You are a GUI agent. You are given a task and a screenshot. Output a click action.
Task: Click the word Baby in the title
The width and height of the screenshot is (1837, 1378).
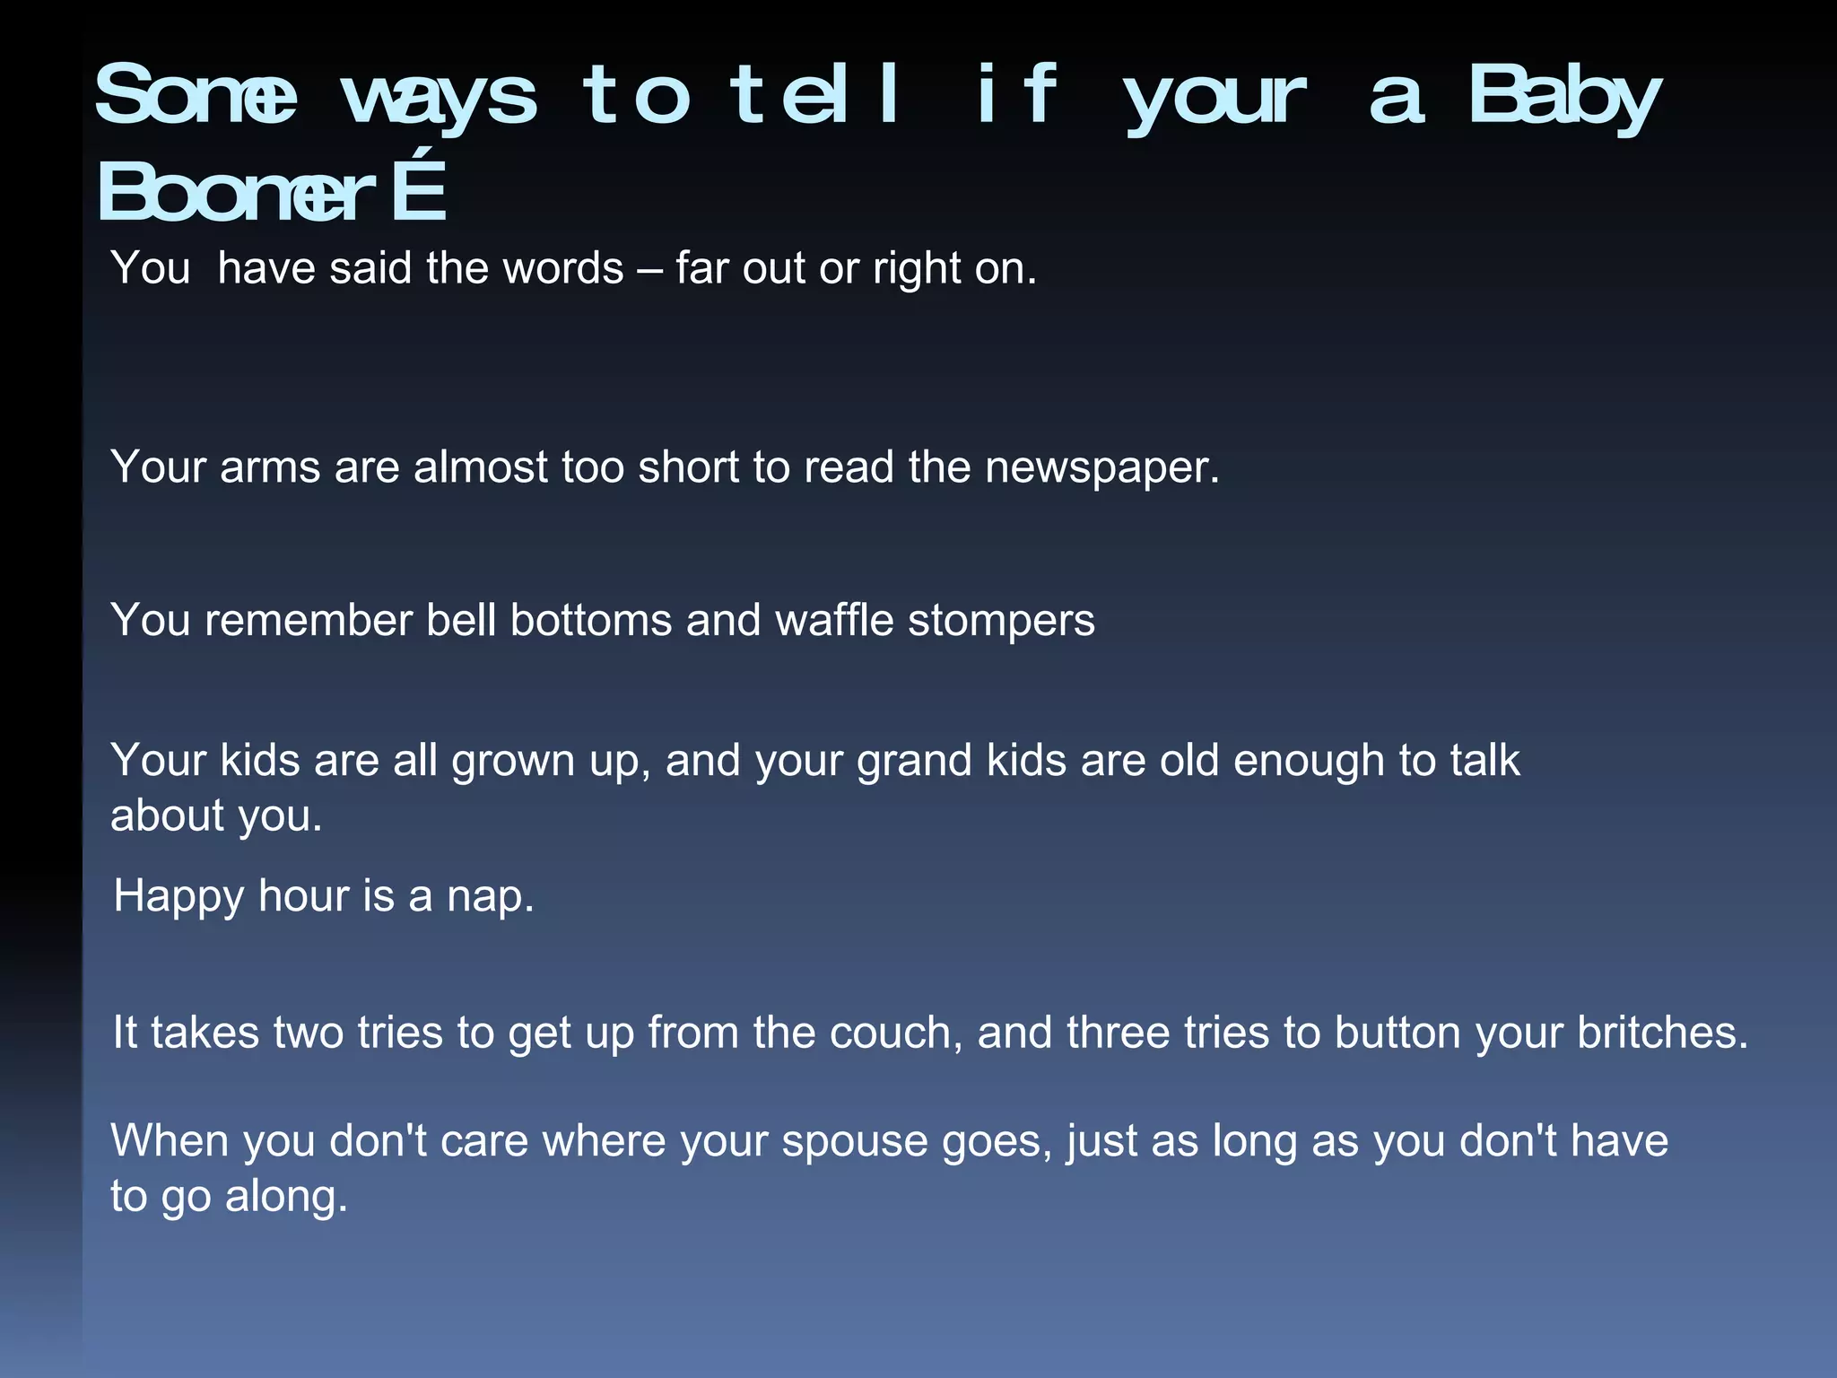point(1564,97)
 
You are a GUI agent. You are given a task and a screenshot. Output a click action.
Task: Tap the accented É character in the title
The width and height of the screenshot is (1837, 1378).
point(419,190)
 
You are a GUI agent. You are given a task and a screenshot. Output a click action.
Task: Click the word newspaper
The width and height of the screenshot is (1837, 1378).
point(1102,467)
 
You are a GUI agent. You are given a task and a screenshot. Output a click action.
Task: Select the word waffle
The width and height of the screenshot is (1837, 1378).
point(834,620)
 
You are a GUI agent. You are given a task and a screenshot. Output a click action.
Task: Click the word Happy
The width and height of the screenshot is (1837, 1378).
point(178,897)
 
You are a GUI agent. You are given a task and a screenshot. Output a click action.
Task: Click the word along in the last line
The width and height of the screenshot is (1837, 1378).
point(285,1197)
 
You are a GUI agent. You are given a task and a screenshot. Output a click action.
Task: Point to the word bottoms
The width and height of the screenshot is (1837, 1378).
point(591,620)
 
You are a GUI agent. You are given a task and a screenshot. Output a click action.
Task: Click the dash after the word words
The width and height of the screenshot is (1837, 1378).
point(649,269)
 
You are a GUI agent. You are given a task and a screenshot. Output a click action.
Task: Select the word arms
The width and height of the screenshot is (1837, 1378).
point(270,467)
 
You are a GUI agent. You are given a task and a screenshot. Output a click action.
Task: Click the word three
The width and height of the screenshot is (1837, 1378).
point(1118,1033)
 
